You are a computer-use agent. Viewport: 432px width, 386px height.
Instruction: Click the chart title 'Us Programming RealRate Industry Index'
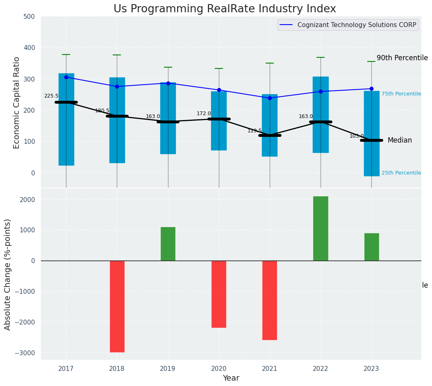225,9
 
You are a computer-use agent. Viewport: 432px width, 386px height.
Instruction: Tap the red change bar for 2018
117,306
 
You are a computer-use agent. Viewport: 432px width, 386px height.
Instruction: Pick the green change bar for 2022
321,229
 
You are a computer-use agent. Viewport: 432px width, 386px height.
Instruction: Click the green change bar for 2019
168,244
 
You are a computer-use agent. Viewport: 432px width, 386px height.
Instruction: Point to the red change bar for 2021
270,300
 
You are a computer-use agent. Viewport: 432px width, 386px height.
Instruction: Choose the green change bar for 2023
371,247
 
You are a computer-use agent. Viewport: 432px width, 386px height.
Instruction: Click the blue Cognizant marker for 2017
66,77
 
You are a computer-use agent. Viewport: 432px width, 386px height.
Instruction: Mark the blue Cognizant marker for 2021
270,98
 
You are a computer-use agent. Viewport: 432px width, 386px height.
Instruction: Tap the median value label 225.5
51,96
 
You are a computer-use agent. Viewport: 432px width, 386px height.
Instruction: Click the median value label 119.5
255,131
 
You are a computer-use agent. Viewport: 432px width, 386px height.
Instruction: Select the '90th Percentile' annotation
402,58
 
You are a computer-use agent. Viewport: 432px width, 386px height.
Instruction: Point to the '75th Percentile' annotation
401,94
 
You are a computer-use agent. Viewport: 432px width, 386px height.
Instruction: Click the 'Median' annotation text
400,141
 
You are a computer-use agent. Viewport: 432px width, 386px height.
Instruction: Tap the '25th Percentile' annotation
401,173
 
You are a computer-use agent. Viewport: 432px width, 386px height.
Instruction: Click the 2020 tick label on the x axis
219,368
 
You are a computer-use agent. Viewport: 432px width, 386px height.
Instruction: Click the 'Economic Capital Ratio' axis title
17,102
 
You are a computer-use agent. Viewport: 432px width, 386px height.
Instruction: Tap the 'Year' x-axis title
231,378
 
